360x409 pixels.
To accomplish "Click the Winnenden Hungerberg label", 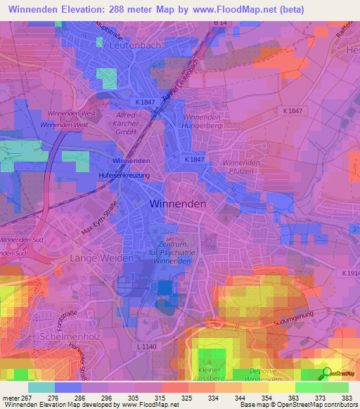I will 202,122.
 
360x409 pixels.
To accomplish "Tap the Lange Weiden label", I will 102,259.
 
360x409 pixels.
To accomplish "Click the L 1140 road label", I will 147,347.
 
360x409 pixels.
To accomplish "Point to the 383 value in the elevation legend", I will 345,398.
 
